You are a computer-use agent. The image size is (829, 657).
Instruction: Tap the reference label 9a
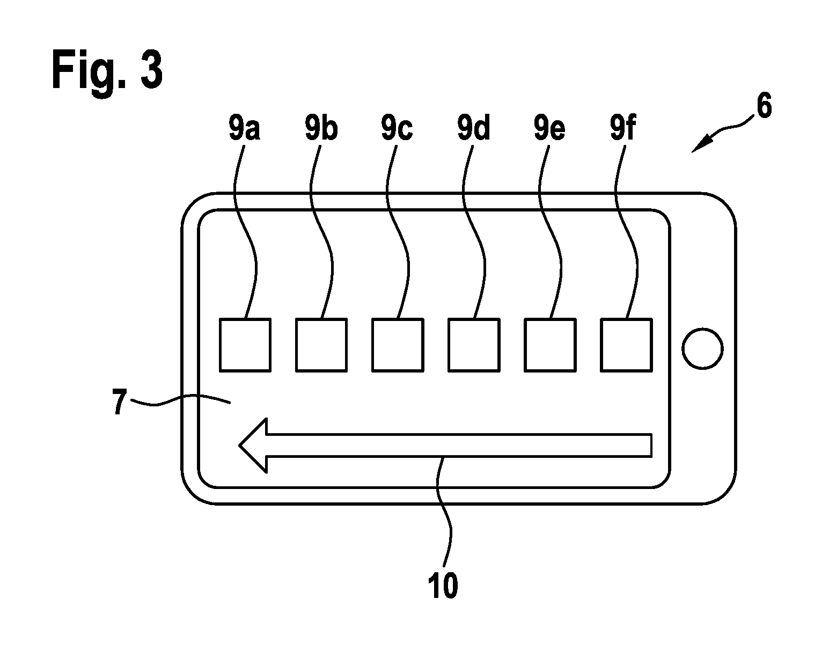pos(244,128)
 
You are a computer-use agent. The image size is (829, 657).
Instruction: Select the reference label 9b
pos(321,128)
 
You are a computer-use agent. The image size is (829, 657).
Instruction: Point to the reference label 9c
pos(397,128)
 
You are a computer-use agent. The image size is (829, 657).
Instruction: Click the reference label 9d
pos(473,128)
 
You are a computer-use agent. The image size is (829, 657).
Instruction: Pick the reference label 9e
pos(549,128)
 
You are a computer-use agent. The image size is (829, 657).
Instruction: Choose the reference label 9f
pos(622,128)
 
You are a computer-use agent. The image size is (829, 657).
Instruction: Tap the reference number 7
pos(120,401)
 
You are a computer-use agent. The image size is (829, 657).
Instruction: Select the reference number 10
pos(443,585)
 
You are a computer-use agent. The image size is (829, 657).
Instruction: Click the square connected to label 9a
pos(245,345)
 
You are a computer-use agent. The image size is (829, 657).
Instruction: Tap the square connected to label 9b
pos(321,345)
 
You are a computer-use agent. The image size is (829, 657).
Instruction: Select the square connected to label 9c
pos(398,345)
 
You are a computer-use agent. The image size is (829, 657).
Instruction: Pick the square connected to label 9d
pos(474,345)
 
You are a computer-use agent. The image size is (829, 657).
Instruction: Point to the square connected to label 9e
pos(550,345)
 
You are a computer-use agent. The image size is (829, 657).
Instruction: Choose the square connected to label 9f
pos(626,345)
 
